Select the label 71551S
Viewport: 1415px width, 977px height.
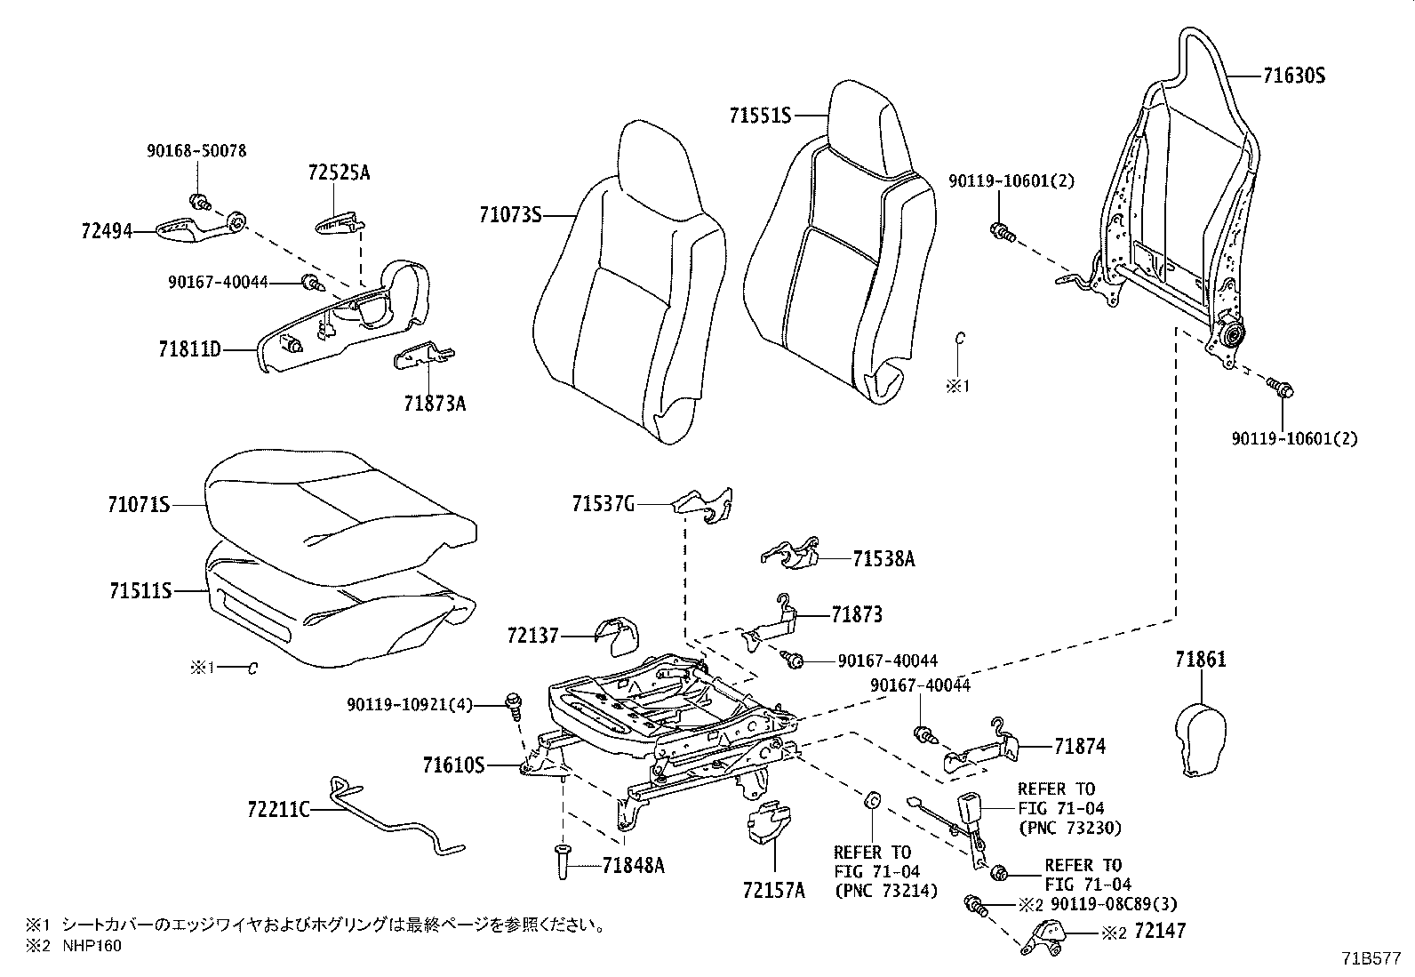coord(760,116)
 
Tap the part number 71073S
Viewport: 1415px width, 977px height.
coord(509,214)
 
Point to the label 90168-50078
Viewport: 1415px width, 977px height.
coord(196,151)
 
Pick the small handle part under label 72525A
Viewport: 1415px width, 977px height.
coord(339,221)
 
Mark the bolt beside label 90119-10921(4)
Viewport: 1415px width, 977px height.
coord(513,704)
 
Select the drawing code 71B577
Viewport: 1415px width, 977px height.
coord(1371,959)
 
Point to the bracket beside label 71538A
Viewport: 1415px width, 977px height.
coord(794,553)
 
